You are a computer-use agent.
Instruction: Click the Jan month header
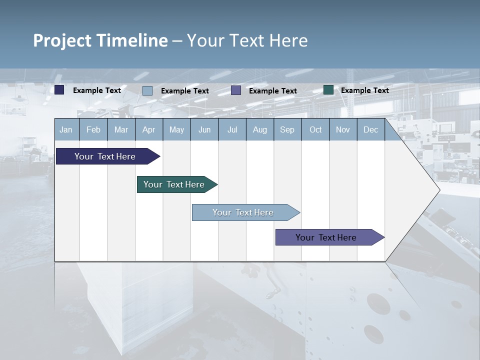pyautogui.click(x=66, y=130)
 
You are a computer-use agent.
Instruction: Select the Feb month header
pyautogui.click(x=93, y=130)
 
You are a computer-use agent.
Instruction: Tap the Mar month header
pyautogui.click(x=121, y=130)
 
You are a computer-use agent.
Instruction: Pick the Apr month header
pyautogui.click(x=148, y=130)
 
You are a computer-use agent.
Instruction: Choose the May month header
pyautogui.click(x=176, y=130)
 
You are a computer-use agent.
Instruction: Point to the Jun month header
pyautogui.click(x=204, y=130)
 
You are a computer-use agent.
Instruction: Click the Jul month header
pyautogui.click(x=232, y=130)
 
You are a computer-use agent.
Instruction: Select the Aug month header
pyautogui.click(x=259, y=130)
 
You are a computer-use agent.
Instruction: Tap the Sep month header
pyautogui.click(x=287, y=130)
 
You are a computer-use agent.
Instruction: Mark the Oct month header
pyautogui.click(x=315, y=130)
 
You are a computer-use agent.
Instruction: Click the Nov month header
pyautogui.click(x=343, y=130)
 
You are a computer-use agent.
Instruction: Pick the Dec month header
pyautogui.click(x=370, y=130)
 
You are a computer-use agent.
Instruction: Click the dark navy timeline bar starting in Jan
pyautogui.click(x=105, y=156)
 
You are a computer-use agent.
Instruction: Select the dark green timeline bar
pyautogui.click(x=174, y=184)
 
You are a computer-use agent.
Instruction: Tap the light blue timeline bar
pyautogui.click(x=243, y=212)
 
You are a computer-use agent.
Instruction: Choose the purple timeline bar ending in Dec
pyautogui.click(x=326, y=237)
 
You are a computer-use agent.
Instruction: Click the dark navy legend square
pyautogui.click(x=59, y=90)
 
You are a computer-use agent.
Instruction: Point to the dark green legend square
pyautogui.click(x=328, y=90)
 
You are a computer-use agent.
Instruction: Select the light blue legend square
pyautogui.click(x=147, y=90)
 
